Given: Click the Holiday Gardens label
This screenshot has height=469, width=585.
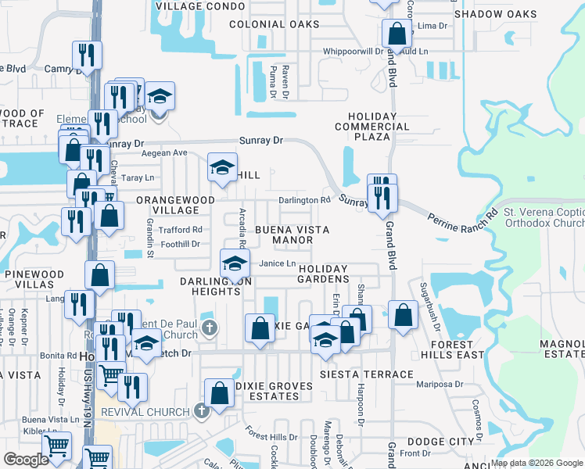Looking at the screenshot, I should click(x=323, y=274).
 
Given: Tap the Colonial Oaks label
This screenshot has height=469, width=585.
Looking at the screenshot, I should click(x=275, y=24).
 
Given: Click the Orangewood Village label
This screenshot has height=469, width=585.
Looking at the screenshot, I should click(x=176, y=205).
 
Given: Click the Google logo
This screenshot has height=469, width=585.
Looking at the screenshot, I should click(x=27, y=459).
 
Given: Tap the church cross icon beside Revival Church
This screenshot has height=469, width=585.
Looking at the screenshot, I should click(x=201, y=410).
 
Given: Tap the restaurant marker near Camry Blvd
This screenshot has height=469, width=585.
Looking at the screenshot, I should click(x=86, y=55).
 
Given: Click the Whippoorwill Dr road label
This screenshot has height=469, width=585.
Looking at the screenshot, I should click(x=354, y=52).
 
